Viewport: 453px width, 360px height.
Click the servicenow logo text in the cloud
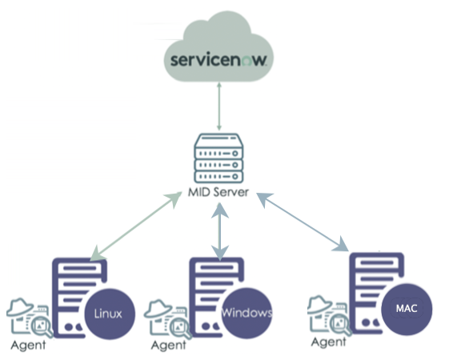(218, 59)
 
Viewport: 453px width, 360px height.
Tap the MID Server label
(218, 192)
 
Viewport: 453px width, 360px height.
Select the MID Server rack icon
(218, 158)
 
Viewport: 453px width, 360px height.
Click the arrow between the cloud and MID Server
(219, 106)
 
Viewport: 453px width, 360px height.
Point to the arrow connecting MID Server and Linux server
(136, 226)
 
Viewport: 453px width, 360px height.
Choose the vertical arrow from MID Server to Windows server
(220, 231)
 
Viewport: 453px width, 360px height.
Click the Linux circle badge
(110, 314)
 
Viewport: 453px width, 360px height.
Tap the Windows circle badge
(247, 313)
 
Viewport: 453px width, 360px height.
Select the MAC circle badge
(407, 309)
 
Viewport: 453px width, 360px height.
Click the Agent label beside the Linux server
(28, 345)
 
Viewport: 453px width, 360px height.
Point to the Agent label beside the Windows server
(169, 345)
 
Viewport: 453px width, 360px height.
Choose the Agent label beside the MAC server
(329, 342)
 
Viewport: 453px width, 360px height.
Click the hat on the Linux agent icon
(20, 307)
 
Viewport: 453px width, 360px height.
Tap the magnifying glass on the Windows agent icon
(181, 328)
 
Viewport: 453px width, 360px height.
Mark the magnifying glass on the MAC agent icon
(341, 325)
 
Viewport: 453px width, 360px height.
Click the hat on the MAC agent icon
(320, 304)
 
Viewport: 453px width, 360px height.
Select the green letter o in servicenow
(247, 61)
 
